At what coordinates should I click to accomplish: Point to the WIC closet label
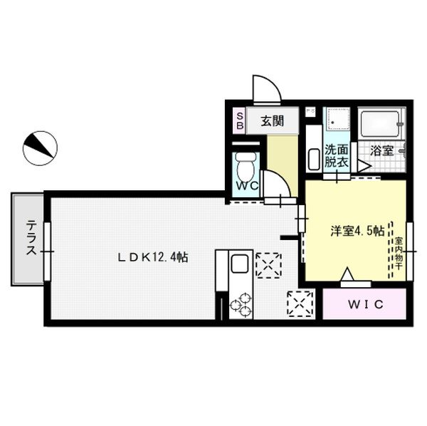coord(365,304)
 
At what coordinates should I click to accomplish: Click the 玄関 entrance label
coord(271,120)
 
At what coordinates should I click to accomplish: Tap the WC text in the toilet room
coord(246,184)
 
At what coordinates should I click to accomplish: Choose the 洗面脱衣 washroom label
coord(336,156)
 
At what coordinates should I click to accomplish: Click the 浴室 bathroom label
coord(382,150)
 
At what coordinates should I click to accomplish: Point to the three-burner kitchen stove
coord(241,303)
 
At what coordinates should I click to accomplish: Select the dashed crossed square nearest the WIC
coord(299,304)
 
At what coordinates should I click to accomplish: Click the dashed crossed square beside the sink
coord(269,264)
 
